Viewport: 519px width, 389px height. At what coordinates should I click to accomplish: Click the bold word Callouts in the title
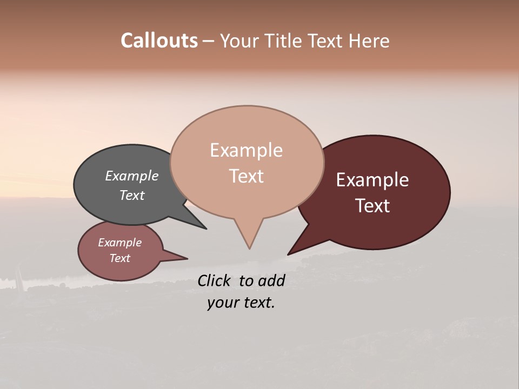point(159,41)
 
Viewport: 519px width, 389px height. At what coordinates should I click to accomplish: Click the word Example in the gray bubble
point(132,176)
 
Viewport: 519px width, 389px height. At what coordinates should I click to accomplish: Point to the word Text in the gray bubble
point(132,195)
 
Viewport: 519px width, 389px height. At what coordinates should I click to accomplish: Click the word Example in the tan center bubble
point(247,150)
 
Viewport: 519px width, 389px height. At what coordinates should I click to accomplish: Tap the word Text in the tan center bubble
point(247,176)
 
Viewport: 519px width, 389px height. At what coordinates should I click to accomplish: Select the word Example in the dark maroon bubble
point(372,180)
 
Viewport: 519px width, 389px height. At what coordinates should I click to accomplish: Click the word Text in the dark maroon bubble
point(372,206)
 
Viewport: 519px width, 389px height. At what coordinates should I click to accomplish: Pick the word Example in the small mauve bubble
point(120,243)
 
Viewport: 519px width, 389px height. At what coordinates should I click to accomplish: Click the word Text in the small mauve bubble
point(120,258)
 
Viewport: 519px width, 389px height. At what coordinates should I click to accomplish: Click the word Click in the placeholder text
point(214,280)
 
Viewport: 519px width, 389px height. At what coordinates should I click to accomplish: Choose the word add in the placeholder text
point(271,280)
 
